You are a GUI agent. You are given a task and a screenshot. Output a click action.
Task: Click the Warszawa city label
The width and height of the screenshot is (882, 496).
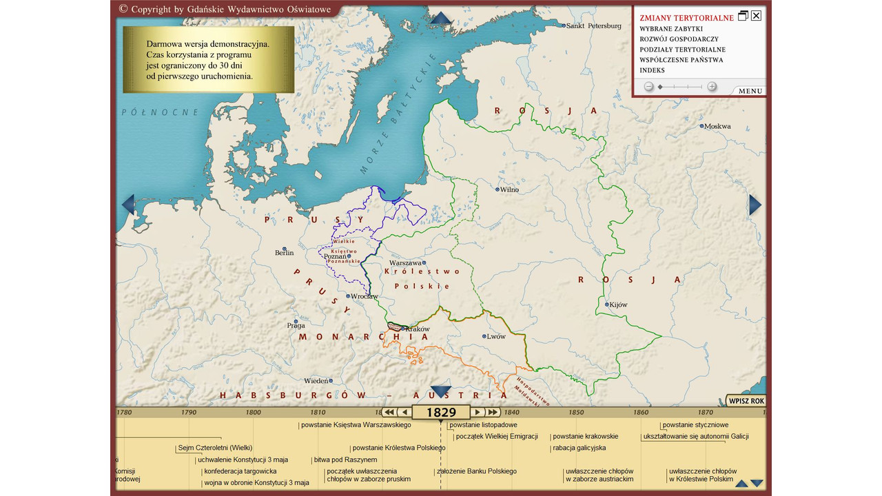[x=405, y=263]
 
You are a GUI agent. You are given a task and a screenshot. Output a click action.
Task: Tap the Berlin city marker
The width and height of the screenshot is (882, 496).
[x=284, y=249]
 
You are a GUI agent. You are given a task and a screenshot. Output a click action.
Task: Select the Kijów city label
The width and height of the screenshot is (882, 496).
[x=618, y=304]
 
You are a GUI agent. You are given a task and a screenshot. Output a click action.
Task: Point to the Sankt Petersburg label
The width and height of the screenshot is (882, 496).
[x=593, y=26]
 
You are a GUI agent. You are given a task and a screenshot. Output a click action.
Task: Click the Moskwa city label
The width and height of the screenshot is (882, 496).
[x=717, y=127]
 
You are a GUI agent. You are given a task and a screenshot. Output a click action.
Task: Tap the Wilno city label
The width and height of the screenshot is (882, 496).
[x=509, y=189]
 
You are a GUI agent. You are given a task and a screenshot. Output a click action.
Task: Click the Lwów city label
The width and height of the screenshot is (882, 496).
[x=495, y=337]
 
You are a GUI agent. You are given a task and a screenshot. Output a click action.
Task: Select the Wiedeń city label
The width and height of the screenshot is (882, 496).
[x=316, y=381]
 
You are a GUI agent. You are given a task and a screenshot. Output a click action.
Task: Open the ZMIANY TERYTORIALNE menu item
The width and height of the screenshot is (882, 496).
[x=686, y=18]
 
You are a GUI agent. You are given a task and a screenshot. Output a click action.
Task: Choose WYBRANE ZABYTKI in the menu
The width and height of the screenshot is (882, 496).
[x=670, y=29]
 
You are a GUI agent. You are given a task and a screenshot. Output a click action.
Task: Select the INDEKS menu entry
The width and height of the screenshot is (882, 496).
[x=652, y=70]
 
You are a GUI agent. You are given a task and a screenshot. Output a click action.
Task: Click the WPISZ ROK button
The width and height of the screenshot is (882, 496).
[x=747, y=401]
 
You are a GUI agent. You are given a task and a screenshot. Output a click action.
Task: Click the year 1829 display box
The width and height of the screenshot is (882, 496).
[x=441, y=413]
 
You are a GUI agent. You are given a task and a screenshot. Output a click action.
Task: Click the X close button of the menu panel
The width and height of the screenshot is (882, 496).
[x=756, y=16]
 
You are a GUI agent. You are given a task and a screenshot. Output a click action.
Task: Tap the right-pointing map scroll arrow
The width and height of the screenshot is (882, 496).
[x=755, y=205]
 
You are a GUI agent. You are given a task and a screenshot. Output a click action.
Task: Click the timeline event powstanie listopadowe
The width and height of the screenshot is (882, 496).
[x=484, y=425]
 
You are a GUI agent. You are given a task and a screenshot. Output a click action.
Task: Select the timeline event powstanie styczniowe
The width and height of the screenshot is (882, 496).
[x=695, y=425]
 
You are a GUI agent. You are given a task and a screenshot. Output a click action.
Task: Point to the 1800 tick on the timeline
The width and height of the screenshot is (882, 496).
[x=253, y=413]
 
